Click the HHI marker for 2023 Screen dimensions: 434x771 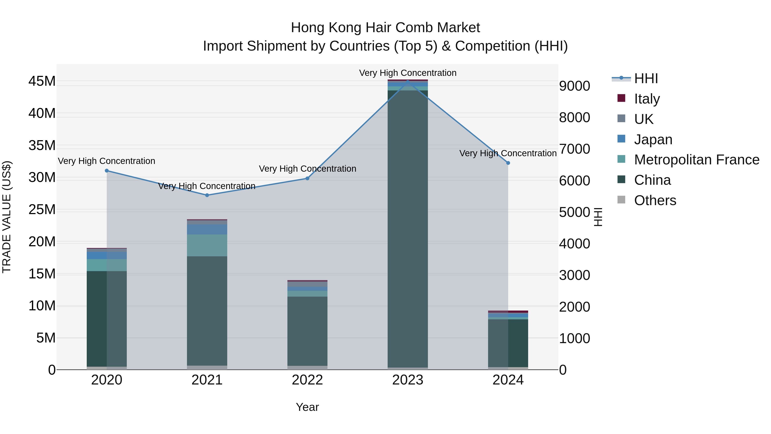click(x=408, y=81)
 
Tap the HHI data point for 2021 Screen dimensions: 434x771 click(x=207, y=195)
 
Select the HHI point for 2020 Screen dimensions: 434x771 click(x=107, y=171)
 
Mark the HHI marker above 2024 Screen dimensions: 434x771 click(x=508, y=163)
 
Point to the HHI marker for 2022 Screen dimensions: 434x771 click(x=307, y=179)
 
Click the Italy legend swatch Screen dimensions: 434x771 click(x=621, y=98)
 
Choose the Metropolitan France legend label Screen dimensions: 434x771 click(x=696, y=160)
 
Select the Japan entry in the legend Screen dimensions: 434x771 click(x=653, y=140)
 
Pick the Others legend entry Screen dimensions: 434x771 click(x=655, y=200)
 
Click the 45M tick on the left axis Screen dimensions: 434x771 click(x=42, y=81)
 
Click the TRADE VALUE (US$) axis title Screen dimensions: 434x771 click(x=7, y=217)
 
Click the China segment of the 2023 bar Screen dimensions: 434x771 click(x=408, y=228)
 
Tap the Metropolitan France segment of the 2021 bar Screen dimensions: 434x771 click(x=207, y=245)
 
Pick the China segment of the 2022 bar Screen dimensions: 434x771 click(x=307, y=331)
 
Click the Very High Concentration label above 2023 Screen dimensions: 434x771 click(x=408, y=73)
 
